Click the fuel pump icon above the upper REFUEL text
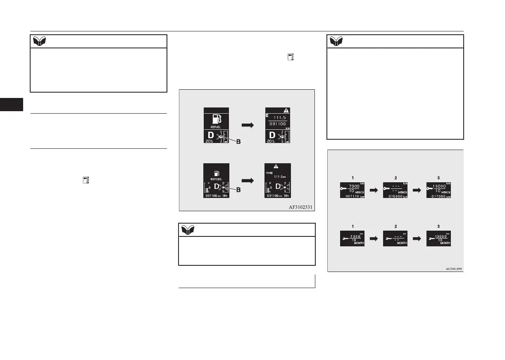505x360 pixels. pyautogui.click(x=217, y=118)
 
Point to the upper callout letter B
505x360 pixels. pyautogui.click(x=238, y=141)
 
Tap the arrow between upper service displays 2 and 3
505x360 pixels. pyautogui.click(x=416, y=190)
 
